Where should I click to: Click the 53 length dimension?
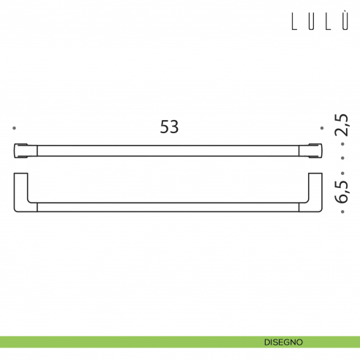coord(169,127)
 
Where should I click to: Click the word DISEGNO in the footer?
coord(285,342)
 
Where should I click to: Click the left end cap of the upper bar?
coord(21,150)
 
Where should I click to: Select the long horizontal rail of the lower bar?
coord(169,209)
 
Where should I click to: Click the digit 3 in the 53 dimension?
coord(174,127)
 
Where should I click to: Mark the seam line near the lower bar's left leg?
coord(37,209)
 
